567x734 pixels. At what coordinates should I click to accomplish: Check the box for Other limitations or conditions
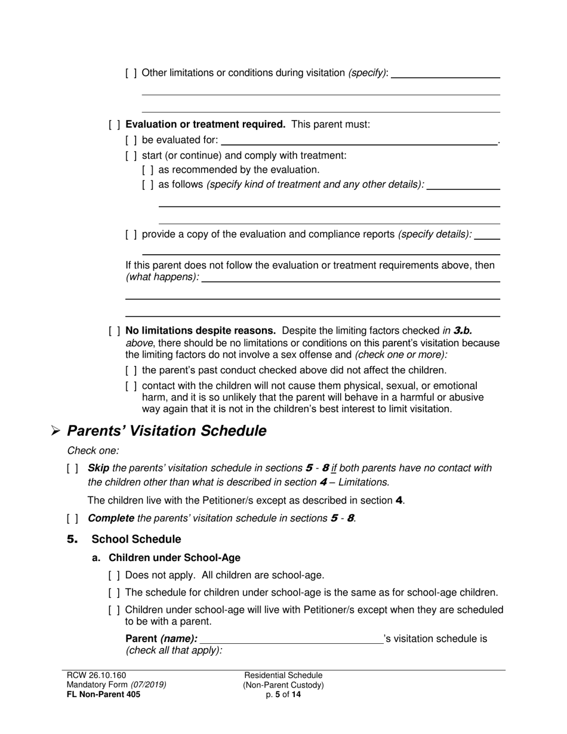[131, 73]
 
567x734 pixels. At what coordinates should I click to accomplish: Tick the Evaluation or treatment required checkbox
[115, 125]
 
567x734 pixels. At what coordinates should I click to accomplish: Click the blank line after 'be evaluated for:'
[359, 141]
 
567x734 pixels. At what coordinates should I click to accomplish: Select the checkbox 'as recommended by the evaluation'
[147, 170]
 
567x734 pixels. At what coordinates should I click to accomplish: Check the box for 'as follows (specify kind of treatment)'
[147, 185]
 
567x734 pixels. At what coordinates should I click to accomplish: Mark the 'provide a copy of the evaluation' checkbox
[131, 235]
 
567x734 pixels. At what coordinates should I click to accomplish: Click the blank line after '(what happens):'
[350, 278]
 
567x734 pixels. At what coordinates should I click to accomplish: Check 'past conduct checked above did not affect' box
[131, 371]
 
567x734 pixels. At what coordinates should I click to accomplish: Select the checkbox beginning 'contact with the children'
[131, 386]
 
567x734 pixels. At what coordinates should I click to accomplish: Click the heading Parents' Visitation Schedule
[167, 431]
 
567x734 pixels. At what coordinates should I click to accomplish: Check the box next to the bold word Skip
[72, 468]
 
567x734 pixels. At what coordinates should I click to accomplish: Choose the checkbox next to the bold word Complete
[72, 519]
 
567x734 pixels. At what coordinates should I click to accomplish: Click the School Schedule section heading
[136, 539]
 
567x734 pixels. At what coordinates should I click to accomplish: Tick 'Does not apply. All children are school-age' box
[115, 576]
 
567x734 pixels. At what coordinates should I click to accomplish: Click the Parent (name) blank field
[291, 640]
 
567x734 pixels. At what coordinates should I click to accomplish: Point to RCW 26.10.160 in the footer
[97, 676]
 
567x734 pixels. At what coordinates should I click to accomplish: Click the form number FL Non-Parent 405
[104, 695]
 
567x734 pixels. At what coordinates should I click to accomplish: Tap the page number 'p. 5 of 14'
[283, 695]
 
